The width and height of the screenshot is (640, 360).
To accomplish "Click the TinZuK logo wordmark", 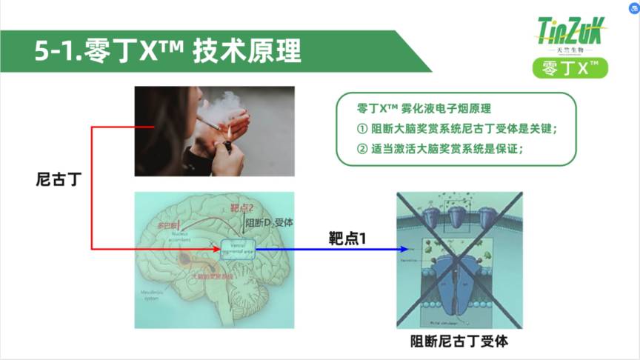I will point(571,32).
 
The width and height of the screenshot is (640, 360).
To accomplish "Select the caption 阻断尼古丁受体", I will point(459,341).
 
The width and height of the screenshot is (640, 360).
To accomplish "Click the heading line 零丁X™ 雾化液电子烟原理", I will point(430,108).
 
